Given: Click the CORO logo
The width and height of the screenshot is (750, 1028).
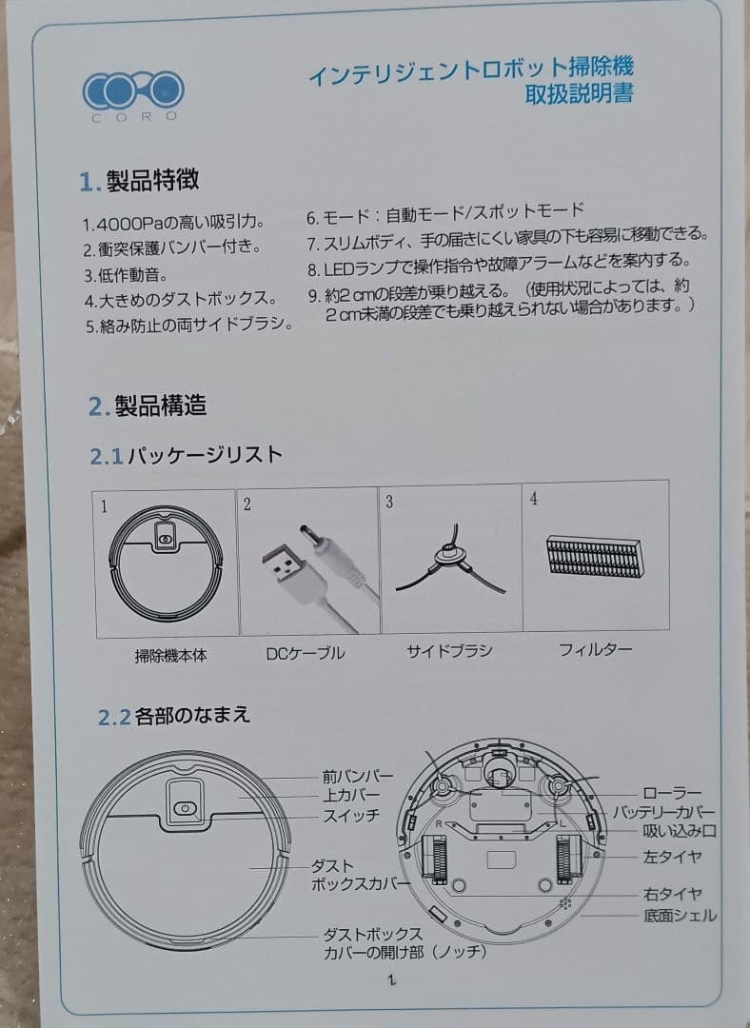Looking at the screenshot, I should pos(133,93).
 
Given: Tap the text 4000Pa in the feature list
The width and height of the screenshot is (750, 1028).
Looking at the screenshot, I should pos(124,225).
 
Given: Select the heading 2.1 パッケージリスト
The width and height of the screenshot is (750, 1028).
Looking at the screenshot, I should pos(187,455).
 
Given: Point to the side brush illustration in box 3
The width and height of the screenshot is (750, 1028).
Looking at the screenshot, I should pos(448,563).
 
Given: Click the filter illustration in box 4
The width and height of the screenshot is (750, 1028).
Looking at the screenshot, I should pos(596,557).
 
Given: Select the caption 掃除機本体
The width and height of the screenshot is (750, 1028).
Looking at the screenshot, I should pos(170,655).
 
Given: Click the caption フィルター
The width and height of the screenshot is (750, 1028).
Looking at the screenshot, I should pos(595,650).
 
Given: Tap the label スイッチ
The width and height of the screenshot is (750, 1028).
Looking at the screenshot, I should pos(351,816).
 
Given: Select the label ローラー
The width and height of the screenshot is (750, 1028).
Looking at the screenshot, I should pos(672,793).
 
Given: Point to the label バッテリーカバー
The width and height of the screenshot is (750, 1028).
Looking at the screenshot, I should pos(662,812).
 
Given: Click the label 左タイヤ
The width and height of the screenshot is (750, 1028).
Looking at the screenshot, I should pos(672,857).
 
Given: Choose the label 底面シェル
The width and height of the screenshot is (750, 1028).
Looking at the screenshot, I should pos(680,916).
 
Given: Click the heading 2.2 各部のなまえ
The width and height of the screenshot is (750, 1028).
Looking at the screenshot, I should pos(174,716).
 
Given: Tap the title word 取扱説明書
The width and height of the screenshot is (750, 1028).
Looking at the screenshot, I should pos(579,93).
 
